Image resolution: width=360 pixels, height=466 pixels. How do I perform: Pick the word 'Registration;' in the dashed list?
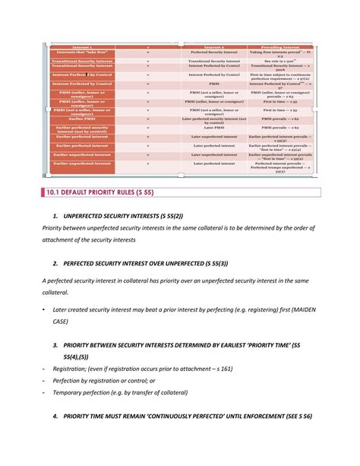(x=77, y=368)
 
